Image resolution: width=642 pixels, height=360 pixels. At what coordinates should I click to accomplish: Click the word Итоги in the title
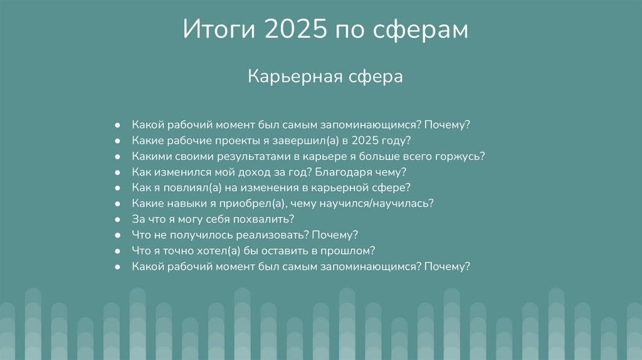pos(219,30)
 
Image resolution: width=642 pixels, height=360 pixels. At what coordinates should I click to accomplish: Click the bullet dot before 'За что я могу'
pos(118,220)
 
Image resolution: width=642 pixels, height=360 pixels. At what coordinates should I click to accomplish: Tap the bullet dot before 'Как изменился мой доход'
pos(118,172)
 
